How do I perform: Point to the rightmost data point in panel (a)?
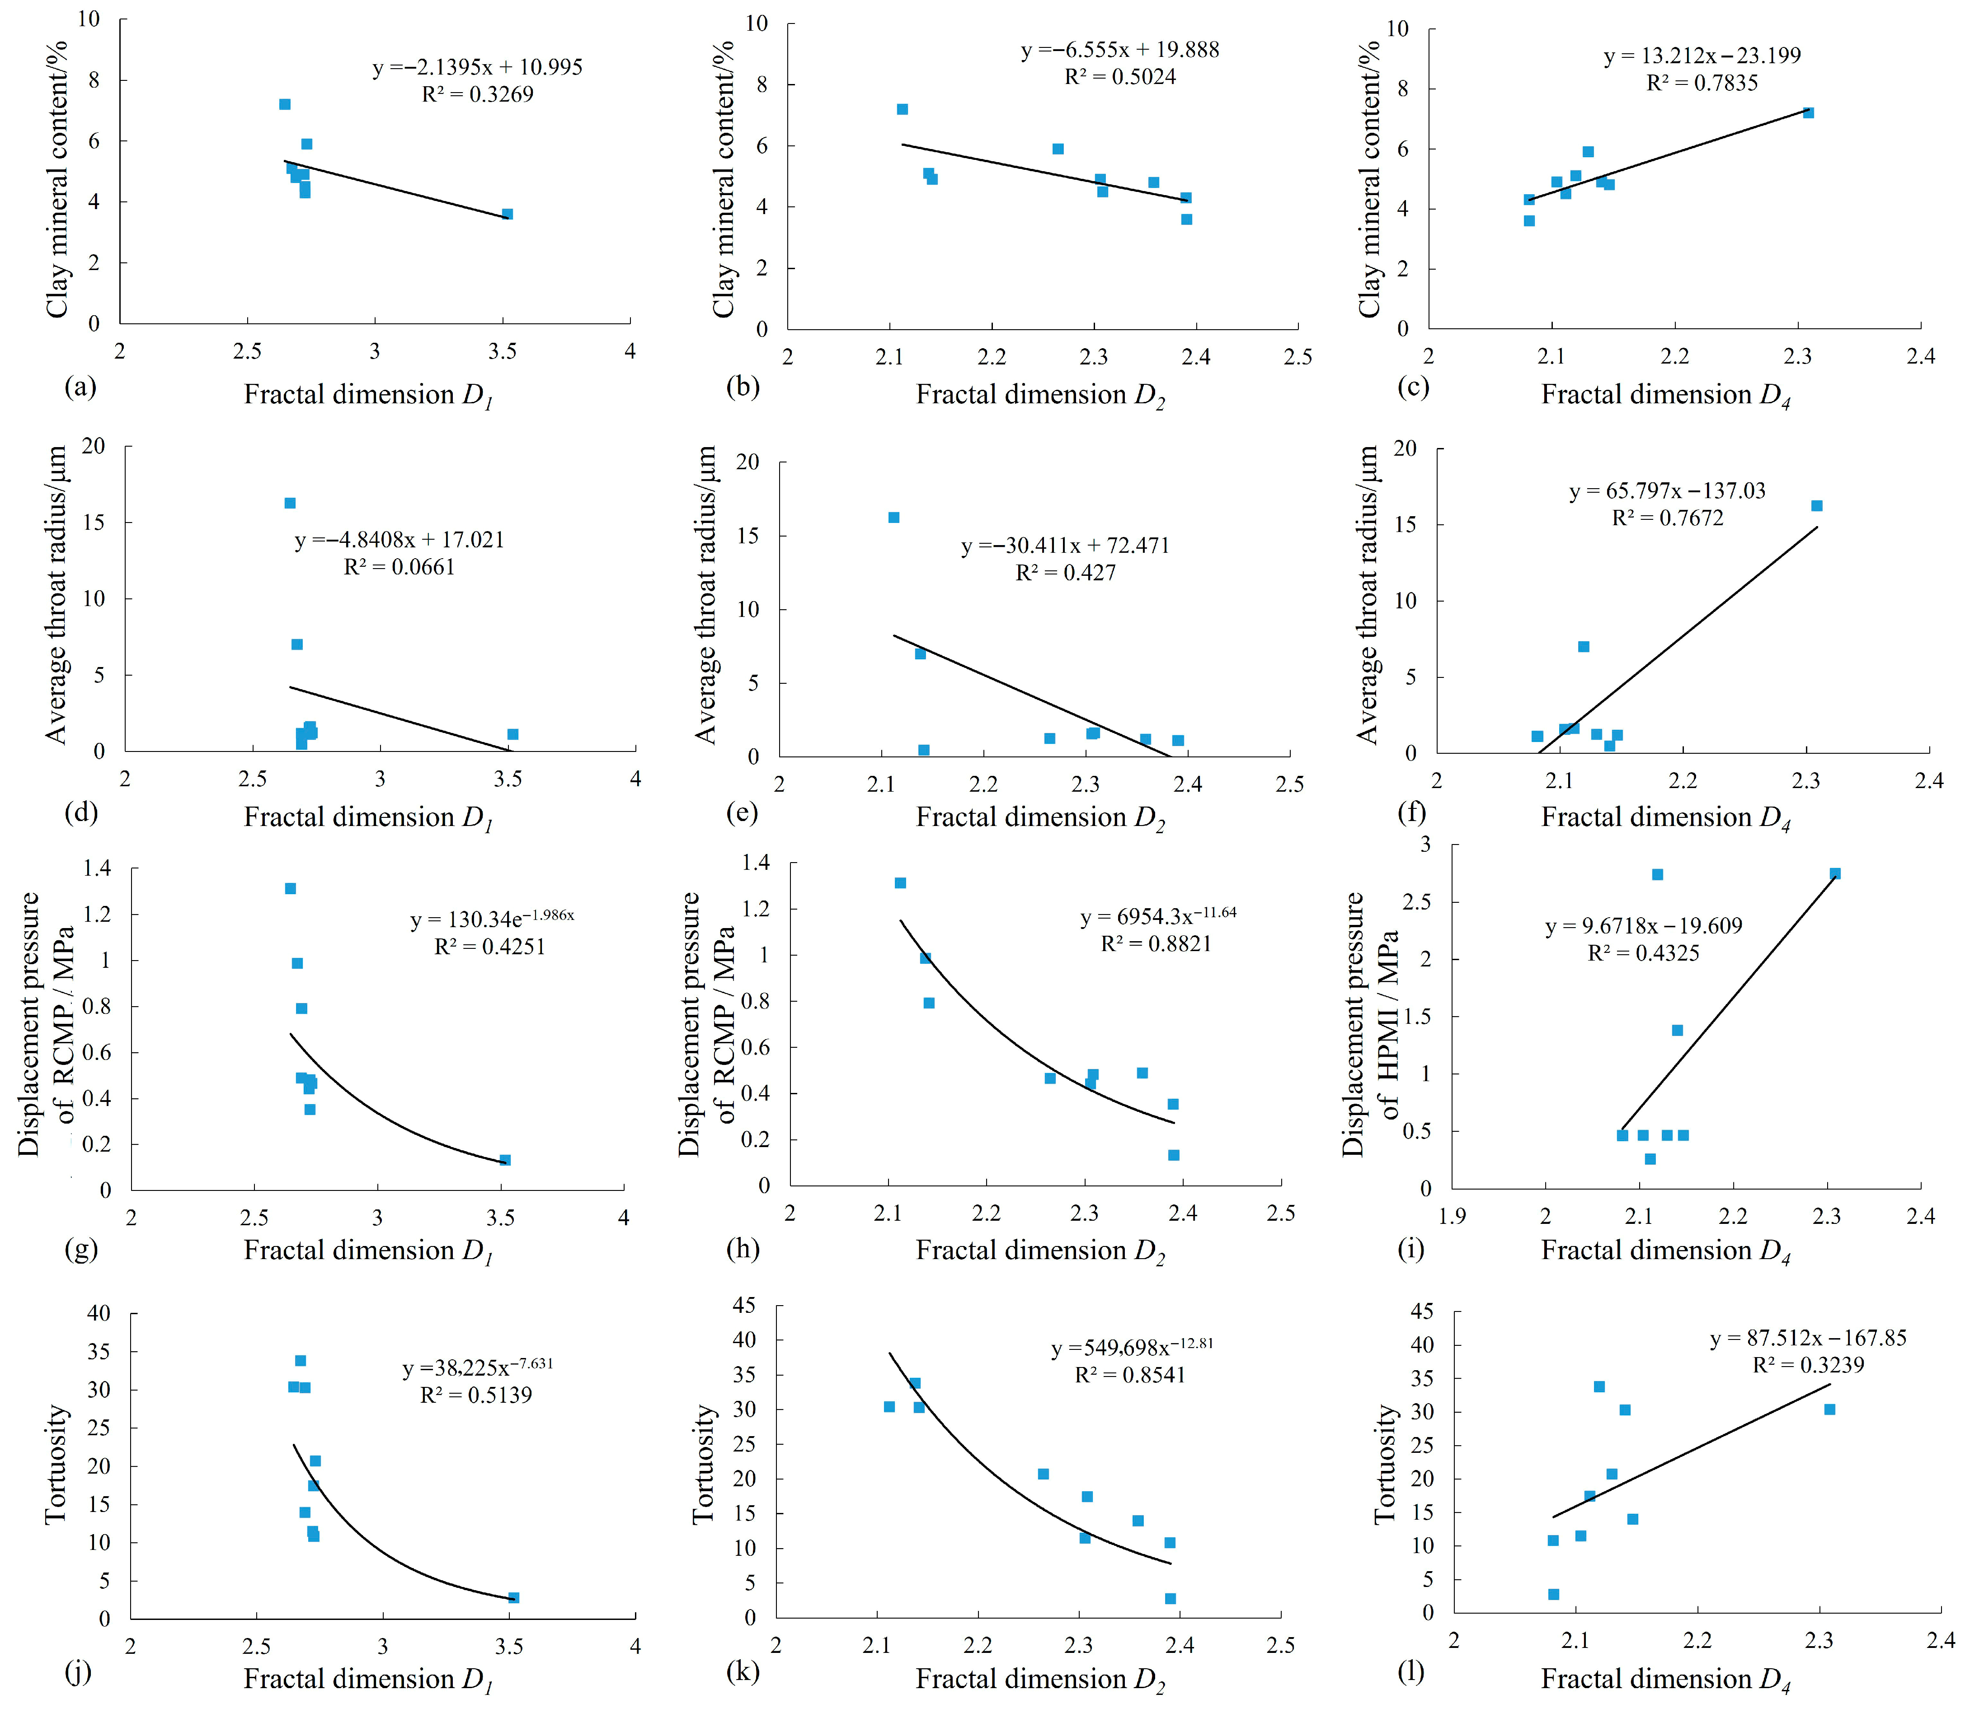[x=508, y=214]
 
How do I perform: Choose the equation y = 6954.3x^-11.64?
[x=1157, y=915]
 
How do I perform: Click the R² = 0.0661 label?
[x=399, y=567]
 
